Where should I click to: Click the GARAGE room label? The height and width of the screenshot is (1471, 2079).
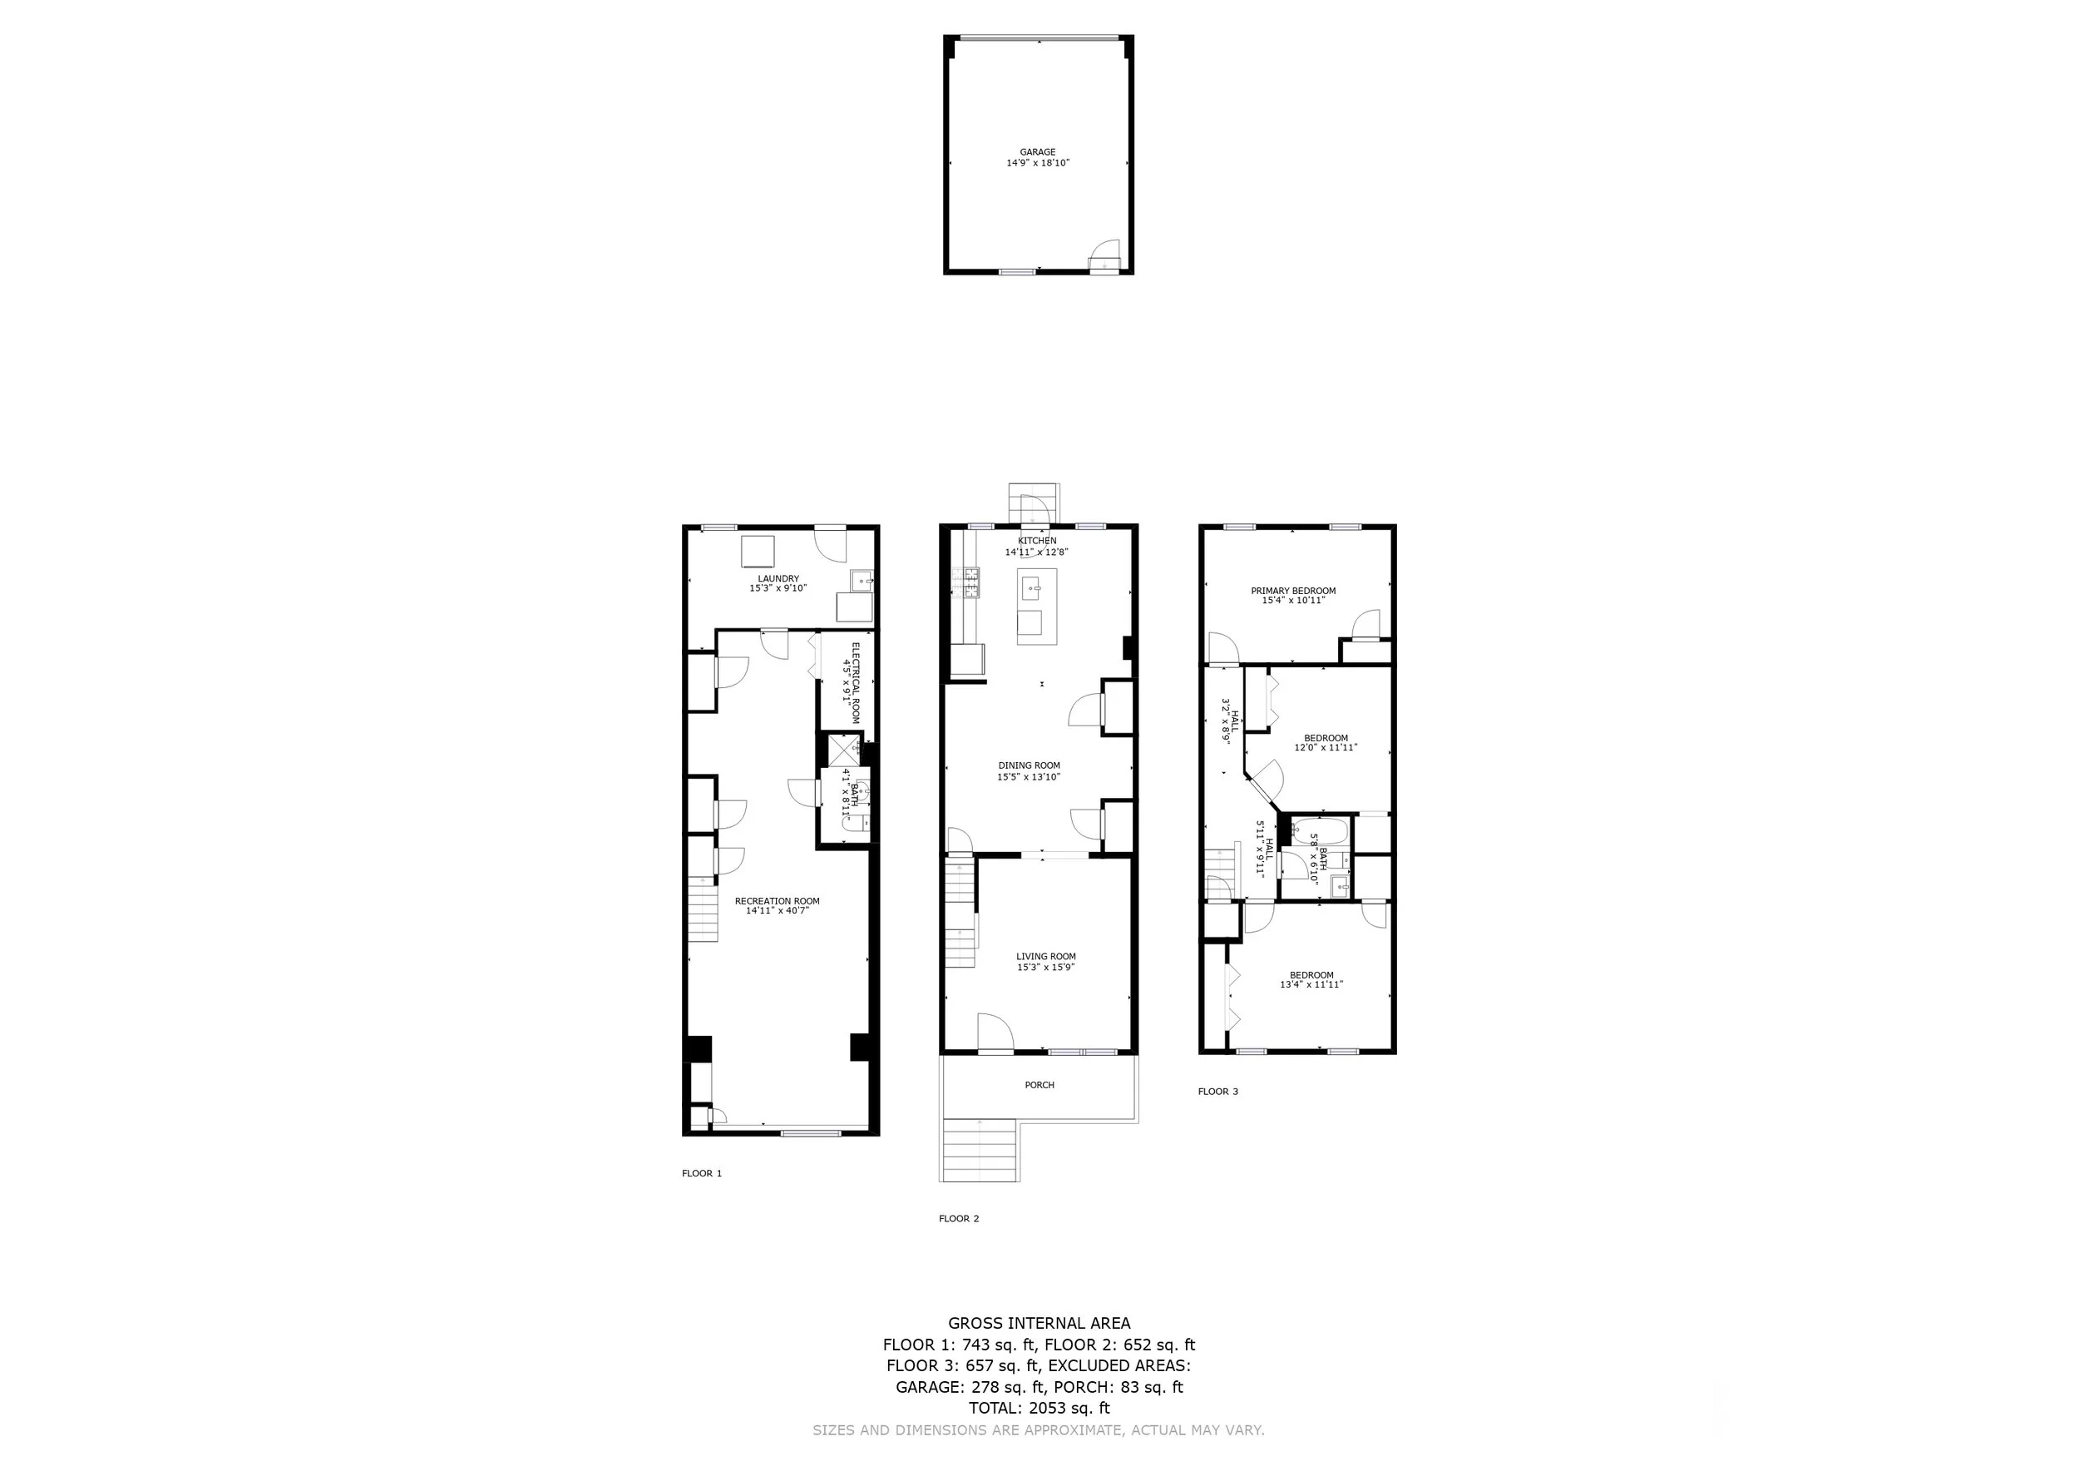[1038, 152]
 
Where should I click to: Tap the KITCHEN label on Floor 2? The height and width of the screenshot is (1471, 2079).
[1037, 541]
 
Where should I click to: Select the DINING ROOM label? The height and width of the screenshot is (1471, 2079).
[1029, 765]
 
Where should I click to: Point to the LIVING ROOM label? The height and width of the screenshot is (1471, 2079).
[1046, 957]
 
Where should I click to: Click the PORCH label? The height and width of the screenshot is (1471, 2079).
[1039, 1085]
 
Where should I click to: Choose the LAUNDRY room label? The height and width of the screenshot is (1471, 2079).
[778, 579]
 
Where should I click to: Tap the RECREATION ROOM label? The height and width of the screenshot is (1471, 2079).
[777, 901]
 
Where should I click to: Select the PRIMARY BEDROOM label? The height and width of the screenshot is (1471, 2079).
[1293, 591]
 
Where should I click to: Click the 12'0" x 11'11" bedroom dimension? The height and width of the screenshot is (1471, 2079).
[1326, 747]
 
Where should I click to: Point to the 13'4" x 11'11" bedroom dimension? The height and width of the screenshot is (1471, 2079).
[1311, 984]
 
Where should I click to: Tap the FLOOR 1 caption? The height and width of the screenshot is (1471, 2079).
[702, 1173]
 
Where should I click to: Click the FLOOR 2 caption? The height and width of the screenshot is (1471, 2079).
[959, 1218]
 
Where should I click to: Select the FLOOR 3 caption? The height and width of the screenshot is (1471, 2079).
[1218, 1092]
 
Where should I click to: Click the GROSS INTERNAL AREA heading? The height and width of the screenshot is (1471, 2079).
[1039, 1324]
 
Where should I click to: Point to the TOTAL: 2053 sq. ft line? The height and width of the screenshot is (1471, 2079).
[1039, 1409]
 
